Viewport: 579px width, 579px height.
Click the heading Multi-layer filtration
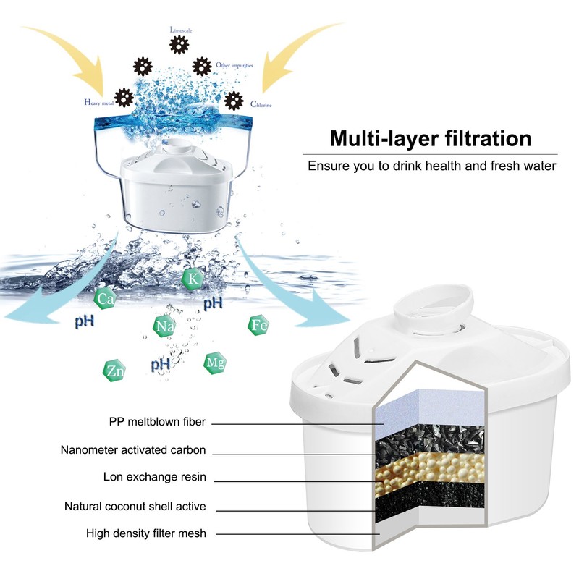pyautogui.click(x=431, y=138)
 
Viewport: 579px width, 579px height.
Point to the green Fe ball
pyautogui.click(x=259, y=325)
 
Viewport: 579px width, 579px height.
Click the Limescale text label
pyautogui.click(x=181, y=30)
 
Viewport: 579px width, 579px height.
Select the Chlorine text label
pyautogui.click(x=262, y=105)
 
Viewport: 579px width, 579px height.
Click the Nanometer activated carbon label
pyautogui.click(x=133, y=450)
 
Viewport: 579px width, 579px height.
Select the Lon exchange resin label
pyautogui.click(x=155, y=477)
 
